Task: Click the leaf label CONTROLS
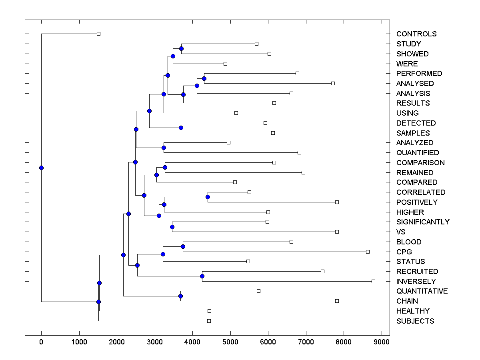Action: (x=416, y=34)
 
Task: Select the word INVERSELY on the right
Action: (x=416, y=281)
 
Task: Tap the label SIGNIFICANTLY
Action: (x=423, y=222)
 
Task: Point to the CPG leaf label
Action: (x=404, y=252)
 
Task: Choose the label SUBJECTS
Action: (x=415, y=321)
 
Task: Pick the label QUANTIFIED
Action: (x=418, y=153)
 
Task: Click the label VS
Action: (x=401, y=232)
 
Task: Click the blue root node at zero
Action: (x=41, y=168)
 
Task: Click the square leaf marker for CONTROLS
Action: (x=99, y=34)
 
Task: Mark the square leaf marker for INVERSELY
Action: (x=373, y=281)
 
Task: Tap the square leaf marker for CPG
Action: (x=368, y=252)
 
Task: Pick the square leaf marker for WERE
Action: (x=225, y=64)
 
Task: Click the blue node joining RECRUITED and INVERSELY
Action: (x=202, y=276)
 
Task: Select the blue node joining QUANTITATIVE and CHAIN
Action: (x=180, y=296)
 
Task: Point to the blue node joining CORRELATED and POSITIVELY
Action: (x=208, y=197)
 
